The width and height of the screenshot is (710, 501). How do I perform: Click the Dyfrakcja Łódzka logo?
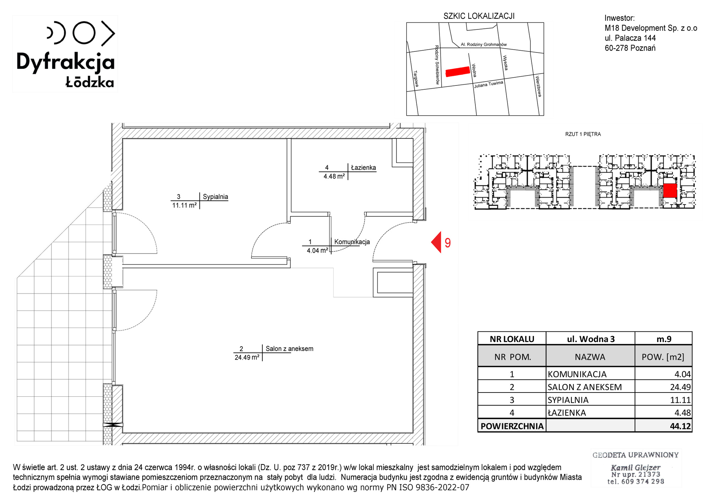coord(66,54)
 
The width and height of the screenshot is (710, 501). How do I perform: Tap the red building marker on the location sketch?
coord(458,72)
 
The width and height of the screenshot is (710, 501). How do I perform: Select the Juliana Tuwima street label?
coord(489,84)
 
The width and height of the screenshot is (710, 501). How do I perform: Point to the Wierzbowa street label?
coord(539,86)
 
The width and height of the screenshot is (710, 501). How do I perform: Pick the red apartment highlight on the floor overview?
coord(670,190)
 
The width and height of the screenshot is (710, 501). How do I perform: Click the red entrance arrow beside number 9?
coord(436,242)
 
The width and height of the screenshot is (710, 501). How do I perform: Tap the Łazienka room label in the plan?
coord(364,168)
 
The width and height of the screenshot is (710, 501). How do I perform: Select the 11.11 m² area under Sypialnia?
coord(184,205)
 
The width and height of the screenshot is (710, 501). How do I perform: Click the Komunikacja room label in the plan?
coord(352,242)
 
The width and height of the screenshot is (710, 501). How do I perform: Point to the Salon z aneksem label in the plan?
coord(290,349)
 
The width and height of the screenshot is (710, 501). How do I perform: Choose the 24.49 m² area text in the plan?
coord(247,357)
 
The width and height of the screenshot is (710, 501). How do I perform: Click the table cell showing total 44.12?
coord(663,425)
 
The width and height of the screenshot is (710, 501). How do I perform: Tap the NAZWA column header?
coord(590,357)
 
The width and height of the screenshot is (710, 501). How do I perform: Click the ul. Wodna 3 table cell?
coord(591,339)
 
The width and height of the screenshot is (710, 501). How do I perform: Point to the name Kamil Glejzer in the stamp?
coord(635,468)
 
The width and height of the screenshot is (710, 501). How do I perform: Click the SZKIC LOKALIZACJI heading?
coord(479,16)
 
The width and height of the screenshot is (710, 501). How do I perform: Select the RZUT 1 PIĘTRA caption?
coord(583,134)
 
